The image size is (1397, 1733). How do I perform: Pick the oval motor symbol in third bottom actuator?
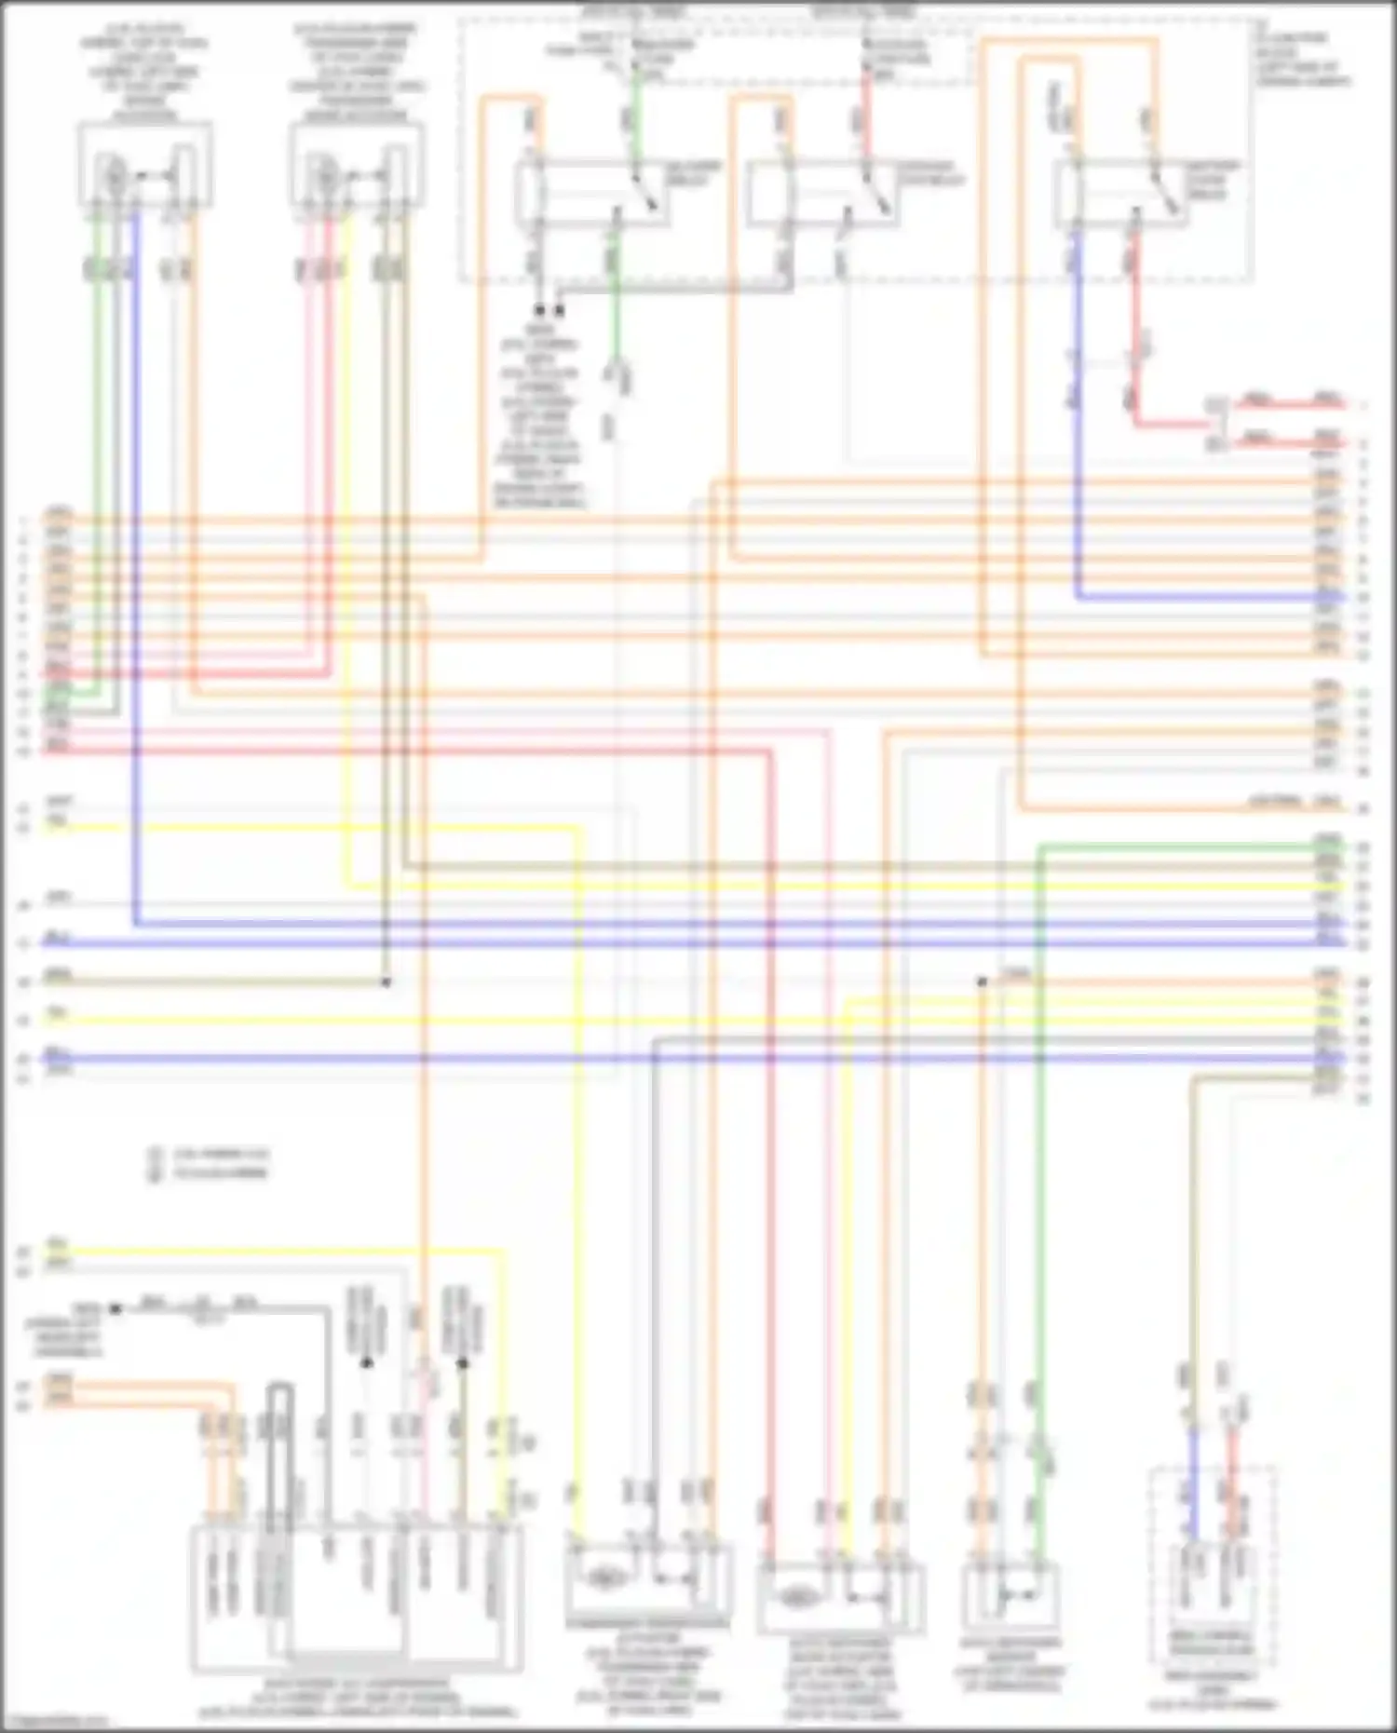[x=797, y=1598]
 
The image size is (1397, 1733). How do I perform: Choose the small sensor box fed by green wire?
[x=1010, y=1598]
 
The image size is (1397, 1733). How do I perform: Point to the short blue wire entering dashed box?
[x=1193, y=1481]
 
